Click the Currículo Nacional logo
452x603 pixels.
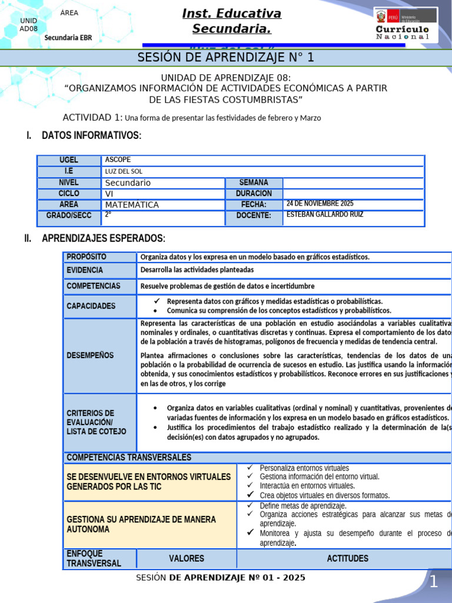point(406,25)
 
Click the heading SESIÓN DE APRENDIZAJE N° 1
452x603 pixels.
point(226,58)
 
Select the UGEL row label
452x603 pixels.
point(69,160)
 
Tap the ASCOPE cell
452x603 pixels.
point(118,160)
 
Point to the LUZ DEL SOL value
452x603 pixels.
point(124,171)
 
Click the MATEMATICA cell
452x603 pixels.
point(132,205)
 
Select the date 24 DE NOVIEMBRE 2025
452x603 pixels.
point(320,204)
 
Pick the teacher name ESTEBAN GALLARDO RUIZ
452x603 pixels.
point(324,215)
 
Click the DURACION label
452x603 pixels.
point(254,194)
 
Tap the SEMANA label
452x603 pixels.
point(254,183)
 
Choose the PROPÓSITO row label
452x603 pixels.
point(87,257)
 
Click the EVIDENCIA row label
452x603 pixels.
point(85,270)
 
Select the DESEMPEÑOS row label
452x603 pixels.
point(90,356)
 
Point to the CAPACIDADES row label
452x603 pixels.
point(91,306)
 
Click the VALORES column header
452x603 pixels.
point(186,558)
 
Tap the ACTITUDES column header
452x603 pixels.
point(347,558)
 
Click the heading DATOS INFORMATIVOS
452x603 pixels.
point(91,136)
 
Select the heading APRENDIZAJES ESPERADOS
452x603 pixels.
point(104,238)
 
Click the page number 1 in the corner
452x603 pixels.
point(433,582)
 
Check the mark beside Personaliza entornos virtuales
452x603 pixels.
point(250,468)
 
